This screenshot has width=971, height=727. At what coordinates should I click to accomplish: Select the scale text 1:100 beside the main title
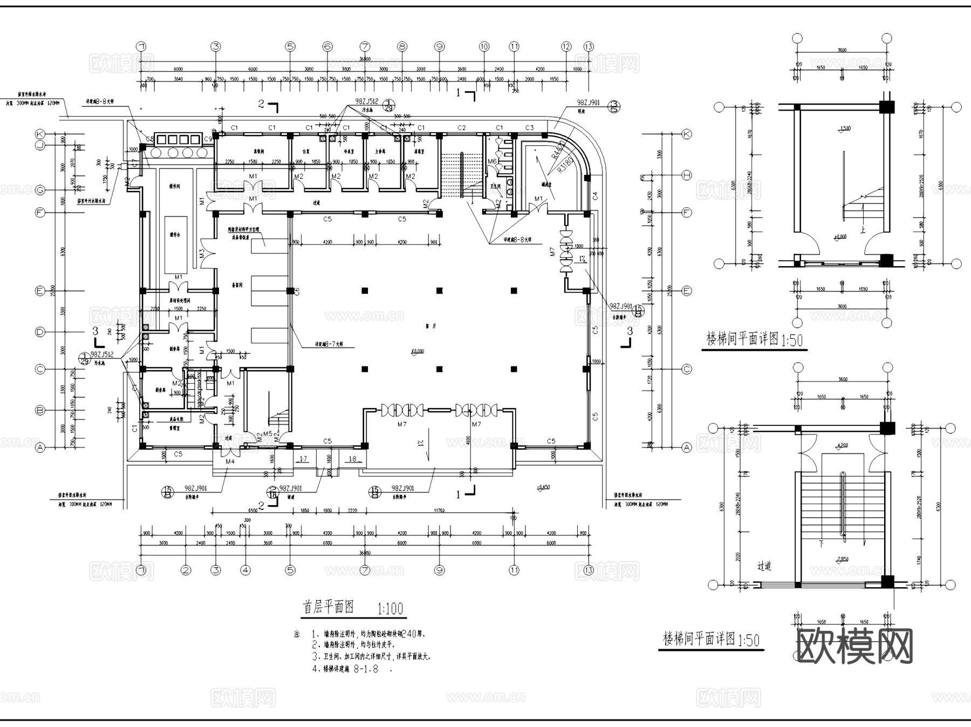[390, 609]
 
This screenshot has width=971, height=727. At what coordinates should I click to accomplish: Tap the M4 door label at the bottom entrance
[230, 461]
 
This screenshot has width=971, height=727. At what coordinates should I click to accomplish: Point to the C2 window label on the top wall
[461, 128]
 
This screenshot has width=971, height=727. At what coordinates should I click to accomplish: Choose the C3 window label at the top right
[529, 128]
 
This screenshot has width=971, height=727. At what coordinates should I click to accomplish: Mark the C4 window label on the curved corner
[595, 195]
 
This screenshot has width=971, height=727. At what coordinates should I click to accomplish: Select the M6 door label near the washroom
[492, 161]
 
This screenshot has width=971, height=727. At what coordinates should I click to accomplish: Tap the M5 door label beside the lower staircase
[267, 434]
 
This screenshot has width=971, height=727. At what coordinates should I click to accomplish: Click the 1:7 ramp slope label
[303, 459]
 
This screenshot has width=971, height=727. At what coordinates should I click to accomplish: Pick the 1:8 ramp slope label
[352, 459]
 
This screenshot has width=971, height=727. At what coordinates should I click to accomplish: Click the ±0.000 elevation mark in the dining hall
[418, 351]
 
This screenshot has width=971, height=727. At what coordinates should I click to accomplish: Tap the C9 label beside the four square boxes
[208, 139]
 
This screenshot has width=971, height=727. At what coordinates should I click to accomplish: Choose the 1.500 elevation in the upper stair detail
[845, 128]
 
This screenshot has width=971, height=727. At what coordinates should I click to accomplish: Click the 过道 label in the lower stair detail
[764, 566]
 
